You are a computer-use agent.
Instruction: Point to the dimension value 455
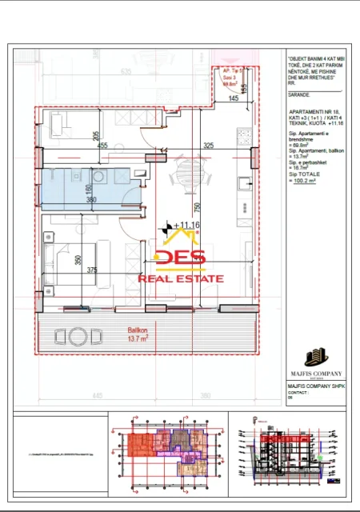(x=102, y=146)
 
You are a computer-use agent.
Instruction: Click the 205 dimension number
(x=95, y=135)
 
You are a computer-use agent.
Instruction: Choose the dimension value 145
(x=231, y=98)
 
